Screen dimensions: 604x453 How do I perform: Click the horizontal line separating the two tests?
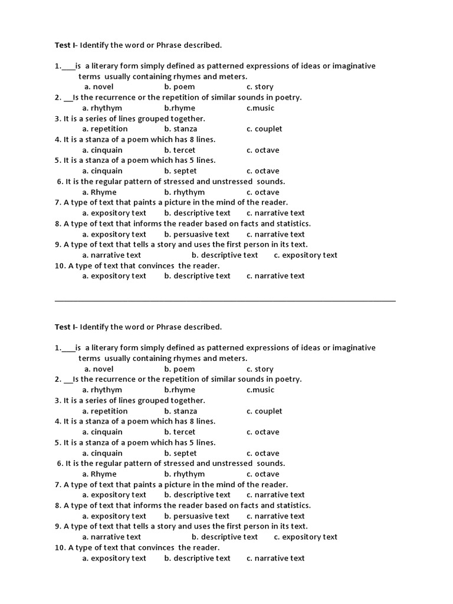pos(225,301)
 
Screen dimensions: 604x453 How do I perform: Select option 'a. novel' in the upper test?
pos(99,87)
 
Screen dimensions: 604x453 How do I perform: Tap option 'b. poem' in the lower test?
pos(179,369)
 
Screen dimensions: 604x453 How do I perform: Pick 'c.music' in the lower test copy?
pos(260,390)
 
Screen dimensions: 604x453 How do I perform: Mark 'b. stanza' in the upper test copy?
pos(180,129)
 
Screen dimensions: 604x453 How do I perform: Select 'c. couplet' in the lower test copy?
pos(264,411)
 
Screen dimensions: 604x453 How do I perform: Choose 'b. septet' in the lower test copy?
pos(180,453)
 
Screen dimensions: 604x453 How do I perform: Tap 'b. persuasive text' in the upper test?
pos(197,234)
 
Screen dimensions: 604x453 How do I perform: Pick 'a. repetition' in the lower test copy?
pos(105,411)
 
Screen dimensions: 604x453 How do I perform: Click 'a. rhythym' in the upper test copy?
pos(102,108)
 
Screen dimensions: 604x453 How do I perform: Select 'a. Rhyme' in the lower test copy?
pos(100,474)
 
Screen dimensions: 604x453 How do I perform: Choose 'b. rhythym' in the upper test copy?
pos(185,192)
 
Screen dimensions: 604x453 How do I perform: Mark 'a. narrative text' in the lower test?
pos(111,537)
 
